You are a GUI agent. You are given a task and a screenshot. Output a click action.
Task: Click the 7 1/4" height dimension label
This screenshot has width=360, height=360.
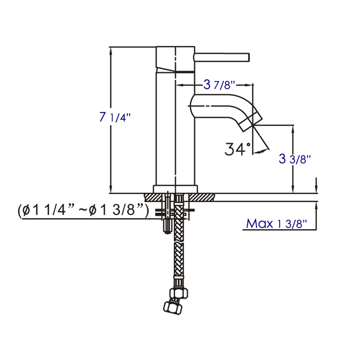(x=114, y=118)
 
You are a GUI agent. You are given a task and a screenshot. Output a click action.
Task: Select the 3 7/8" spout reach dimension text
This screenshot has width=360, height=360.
(x=220, y=85)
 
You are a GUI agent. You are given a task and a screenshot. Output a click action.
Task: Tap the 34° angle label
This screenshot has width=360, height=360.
(x=237, y=149)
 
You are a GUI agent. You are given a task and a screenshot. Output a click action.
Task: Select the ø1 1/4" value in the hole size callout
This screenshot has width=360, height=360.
(x=50, y=211)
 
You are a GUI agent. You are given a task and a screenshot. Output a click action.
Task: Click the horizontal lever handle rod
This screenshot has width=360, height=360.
(x=221, y=57)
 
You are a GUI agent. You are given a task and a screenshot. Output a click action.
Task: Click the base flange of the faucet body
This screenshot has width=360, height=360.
(x=175, y=189)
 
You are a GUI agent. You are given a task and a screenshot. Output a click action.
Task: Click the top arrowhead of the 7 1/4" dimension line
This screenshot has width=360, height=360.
(x=110, y=49)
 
